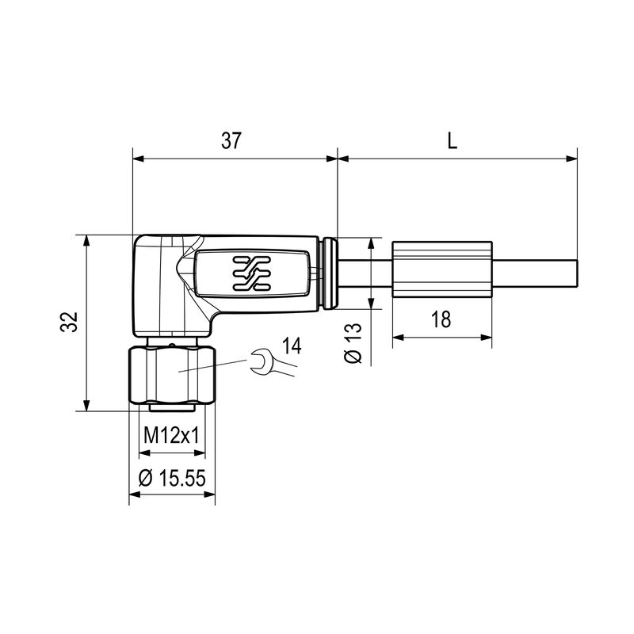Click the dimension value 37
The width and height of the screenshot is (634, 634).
(231, 141)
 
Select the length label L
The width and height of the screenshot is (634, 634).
(452, 141)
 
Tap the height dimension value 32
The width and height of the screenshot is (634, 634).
(71, 322)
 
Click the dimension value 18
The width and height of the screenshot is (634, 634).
(441, 319)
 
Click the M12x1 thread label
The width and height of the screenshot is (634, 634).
(171, 437)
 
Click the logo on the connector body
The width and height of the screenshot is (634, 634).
(252, 273)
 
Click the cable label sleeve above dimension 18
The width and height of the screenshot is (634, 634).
(441, 274)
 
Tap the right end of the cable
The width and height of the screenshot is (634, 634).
(575, 274)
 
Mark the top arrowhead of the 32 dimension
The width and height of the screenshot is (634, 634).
(86, 240)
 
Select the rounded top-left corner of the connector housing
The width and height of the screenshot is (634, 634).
(139, 242)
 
